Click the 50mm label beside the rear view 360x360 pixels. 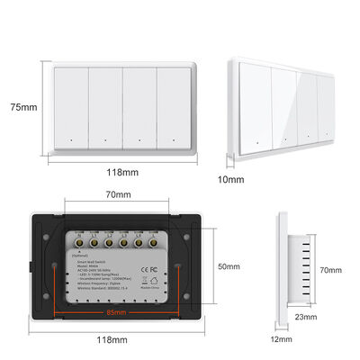click(229, 267)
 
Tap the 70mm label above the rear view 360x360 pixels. click(117, 193)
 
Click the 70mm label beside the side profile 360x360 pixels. click(331, 270)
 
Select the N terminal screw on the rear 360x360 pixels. click(78, 243)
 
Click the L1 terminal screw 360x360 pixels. click(94, 243)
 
